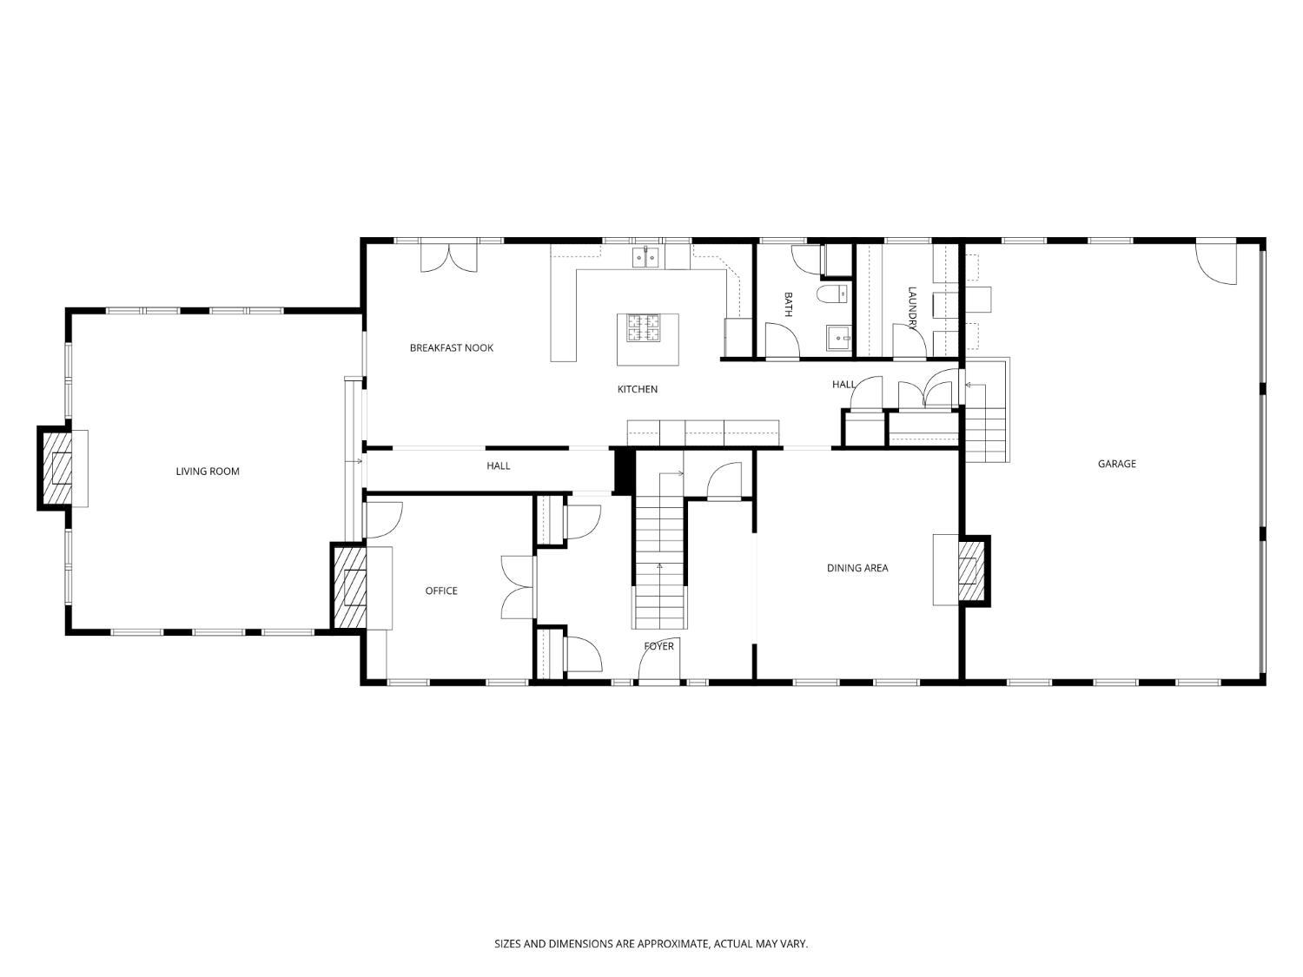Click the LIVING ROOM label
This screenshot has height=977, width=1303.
coord(207,472)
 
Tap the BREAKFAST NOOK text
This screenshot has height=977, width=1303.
coord(451,348)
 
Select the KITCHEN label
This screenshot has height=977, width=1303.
coord(637,389)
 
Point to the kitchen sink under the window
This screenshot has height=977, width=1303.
coord(645,257)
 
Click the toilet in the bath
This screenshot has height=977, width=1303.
coord(833,294)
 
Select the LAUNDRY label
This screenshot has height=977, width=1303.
coord(912,308)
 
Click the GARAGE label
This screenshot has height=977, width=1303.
coord(1116,464)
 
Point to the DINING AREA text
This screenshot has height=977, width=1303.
coord(857,568)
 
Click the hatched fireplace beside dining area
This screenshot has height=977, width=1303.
coord(972,570)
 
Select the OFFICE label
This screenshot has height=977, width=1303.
coord(440,591)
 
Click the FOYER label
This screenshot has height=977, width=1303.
coord(658,646)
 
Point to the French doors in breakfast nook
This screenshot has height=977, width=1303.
coord(448,258)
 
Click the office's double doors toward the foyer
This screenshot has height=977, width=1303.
coord(518,587)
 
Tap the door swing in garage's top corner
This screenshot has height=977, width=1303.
coord(1218,263)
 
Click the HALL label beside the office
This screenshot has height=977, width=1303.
coord(498,466)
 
